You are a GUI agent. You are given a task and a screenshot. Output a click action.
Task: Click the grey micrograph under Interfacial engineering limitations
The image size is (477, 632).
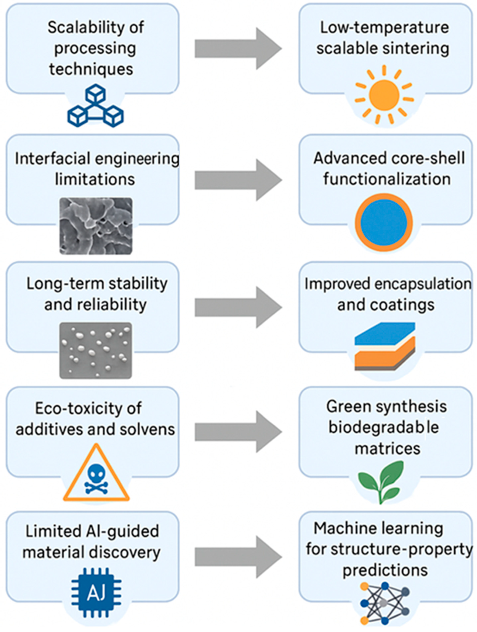pyautogui.click(x=96, y=226)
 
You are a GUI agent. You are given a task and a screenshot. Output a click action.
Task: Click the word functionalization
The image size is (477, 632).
pyautogui.click(x=387, y=179)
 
